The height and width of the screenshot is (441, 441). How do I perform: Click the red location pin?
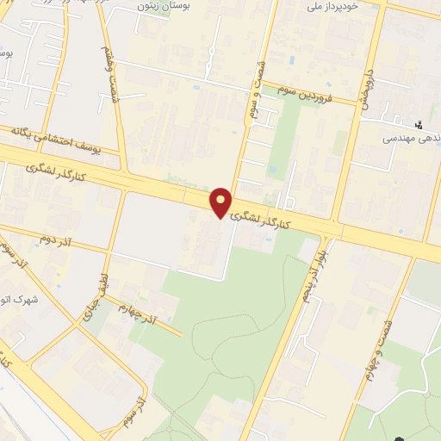click(x=222, y=202)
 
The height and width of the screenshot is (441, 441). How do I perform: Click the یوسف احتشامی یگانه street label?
click(x=50, y=139)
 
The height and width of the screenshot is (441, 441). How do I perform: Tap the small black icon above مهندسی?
click(x=419, y=125)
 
